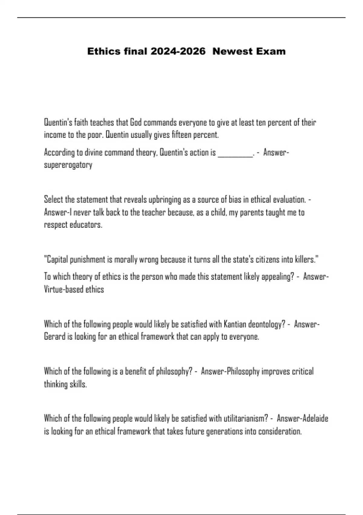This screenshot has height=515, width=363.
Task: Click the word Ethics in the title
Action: pyautogui.click(x=104, y=51)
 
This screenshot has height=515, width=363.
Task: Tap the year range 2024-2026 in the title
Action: pyautogui.click(x=178, y=51)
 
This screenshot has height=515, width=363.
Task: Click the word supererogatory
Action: pyautogui.click(x=68, y=165)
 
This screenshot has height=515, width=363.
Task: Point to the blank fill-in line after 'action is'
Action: pyautogui.click(x=235, y=153)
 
